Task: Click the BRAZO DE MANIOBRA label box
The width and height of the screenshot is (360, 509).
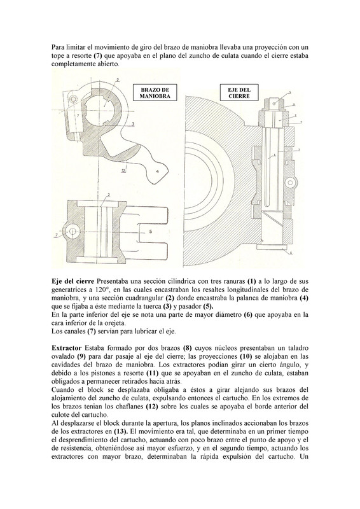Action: click(155, 93)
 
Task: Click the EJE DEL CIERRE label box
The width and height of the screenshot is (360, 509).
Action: click(239, 93)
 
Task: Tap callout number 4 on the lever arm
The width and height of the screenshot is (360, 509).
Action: click(158, 172)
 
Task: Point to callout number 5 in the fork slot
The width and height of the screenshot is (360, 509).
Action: click(151, 232)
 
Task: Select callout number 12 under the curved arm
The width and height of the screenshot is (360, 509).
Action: click(123, 172)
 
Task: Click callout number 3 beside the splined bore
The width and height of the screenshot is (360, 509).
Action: click(133, 123)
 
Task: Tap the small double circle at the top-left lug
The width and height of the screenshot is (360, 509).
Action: click(74, 99)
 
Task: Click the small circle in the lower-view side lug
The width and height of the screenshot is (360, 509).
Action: click(73, 232)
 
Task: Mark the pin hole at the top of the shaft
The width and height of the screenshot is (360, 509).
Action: click(275, 103)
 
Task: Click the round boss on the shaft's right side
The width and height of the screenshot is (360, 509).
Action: click(290, 183)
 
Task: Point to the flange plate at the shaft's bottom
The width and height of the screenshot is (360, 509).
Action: click(273, 248)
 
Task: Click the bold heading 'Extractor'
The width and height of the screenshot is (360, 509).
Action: click(67, 348)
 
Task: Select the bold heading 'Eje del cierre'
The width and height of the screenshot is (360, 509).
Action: click(73, 281)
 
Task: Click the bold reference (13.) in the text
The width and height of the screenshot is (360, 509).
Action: click(122, 432)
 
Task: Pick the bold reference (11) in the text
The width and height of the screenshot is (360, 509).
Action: click(153, 373)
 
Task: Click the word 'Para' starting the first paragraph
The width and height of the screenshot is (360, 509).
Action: click(57, 47)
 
